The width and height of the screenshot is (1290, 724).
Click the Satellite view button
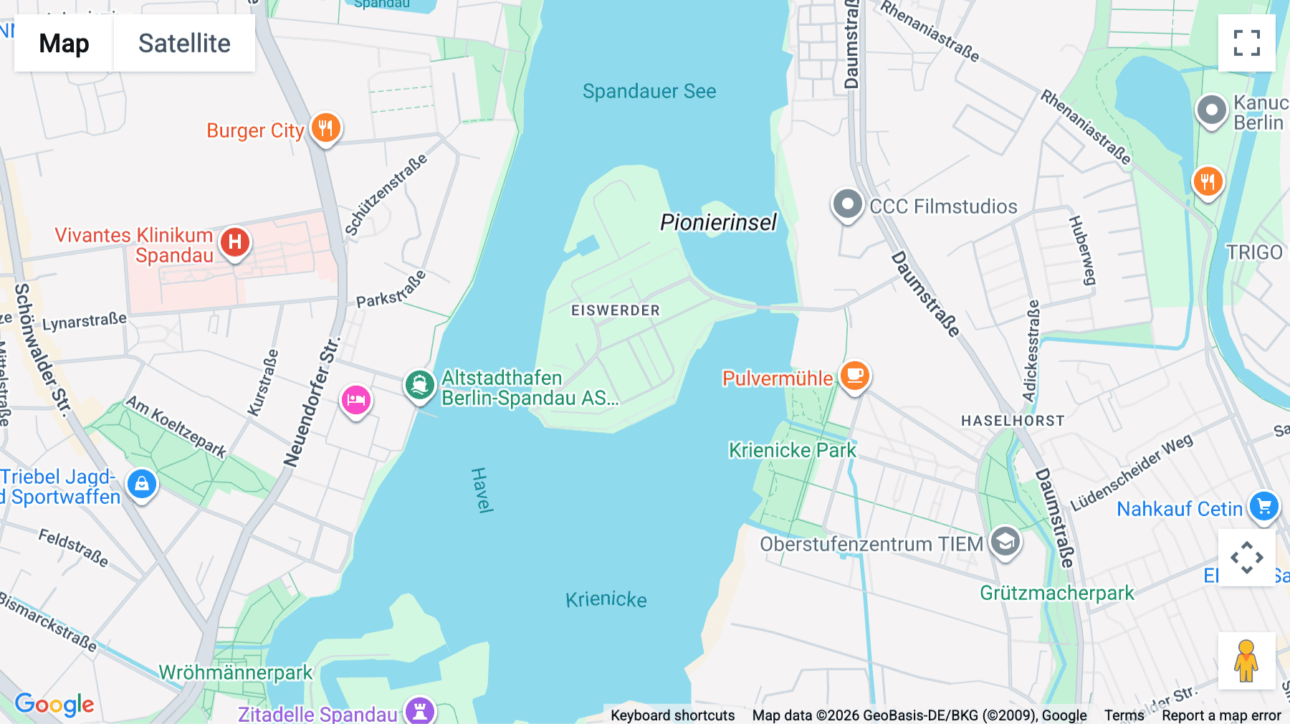(184, 43)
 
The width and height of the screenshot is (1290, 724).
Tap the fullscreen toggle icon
(1246, 43)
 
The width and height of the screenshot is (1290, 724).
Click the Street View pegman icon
(1246, 661)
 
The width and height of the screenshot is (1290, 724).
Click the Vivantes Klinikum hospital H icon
(235, 242)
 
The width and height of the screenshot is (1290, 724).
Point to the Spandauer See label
(649, 91)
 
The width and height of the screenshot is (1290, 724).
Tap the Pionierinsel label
(718, 222)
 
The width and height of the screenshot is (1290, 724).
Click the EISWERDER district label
(616, 310)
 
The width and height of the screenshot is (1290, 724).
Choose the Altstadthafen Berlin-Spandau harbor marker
(420, 385)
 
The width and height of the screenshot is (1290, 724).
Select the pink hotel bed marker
(355, 399)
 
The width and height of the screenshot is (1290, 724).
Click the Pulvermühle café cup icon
(854, 374)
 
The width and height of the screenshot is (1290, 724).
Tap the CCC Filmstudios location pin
(847, 204)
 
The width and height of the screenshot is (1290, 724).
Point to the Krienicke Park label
(792, 450)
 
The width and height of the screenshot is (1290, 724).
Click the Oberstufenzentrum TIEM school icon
(1005, 541)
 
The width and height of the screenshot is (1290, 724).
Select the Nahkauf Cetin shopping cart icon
(1264, 507)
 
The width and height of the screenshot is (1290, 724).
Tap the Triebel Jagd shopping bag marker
(142, 485)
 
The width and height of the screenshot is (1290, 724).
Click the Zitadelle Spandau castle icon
(420, 711)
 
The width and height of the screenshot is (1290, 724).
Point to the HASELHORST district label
(1013, 421)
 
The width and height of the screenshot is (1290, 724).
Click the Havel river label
(482, 490)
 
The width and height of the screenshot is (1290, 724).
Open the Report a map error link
(1221, 715)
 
